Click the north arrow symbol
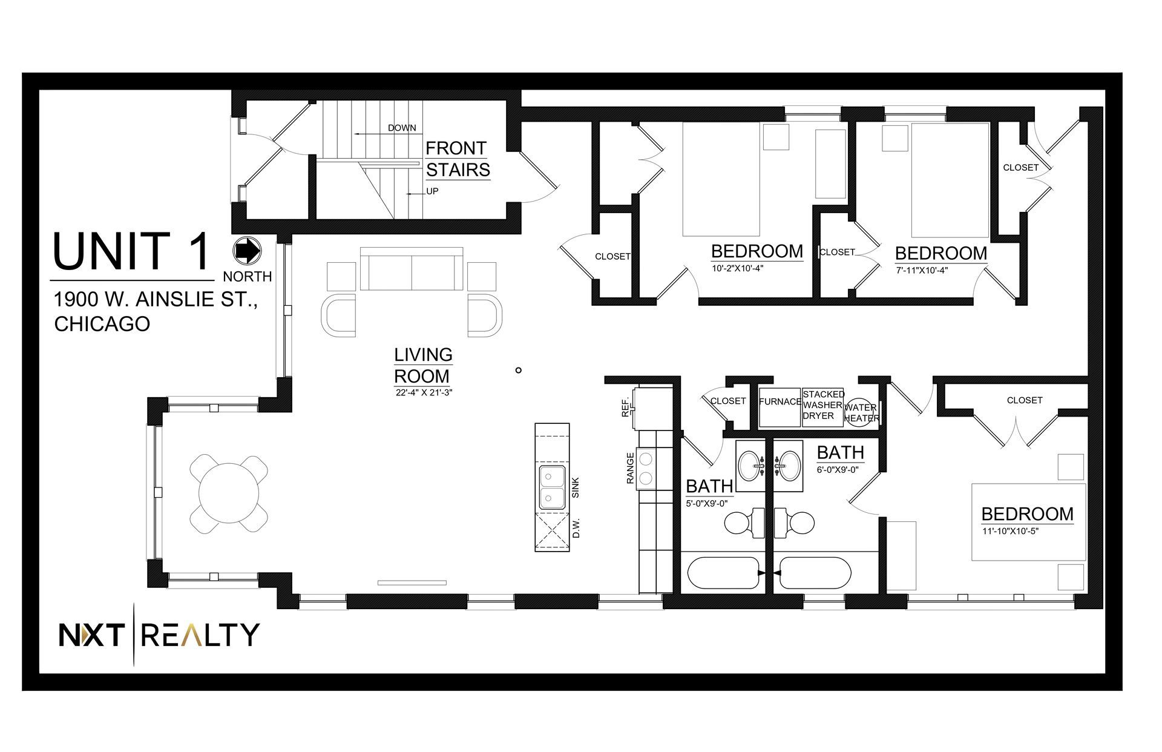click(246, 251)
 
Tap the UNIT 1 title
click(133, 251)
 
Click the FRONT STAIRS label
click(458, 159)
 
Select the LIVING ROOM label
click(423, 365)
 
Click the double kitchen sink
click(553, 487)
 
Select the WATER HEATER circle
click(861, 412)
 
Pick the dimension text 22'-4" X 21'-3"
click(423, 392)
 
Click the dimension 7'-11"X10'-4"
click(921, 271)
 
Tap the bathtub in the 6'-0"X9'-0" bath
click(815, 573)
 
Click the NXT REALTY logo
click(159, 635)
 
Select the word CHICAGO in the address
click(102, 324)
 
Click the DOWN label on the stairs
click(402, 128)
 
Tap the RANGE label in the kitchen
click(630, 468)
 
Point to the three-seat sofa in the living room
click(412, 268)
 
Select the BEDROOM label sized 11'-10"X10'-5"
click(1027, 514)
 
